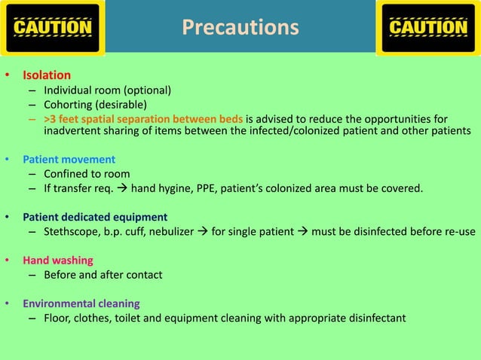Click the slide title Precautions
coord(240,28)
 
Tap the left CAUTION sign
coord(53,28)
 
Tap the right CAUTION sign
coord(427,28)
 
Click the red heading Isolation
coord(47,75)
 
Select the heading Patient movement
coord(69,160)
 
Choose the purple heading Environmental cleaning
coord(81,304)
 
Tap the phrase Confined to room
coord(87,174)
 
